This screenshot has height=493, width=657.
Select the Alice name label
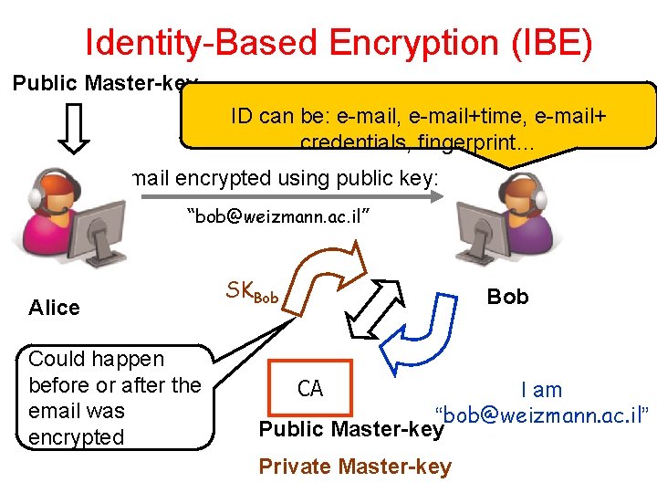tap(54, 308)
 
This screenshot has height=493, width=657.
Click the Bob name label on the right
tap(507, 297)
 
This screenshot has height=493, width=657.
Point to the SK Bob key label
tap(252, 293)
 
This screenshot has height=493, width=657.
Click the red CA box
tap(309, 389)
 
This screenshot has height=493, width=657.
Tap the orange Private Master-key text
tap(355, 467)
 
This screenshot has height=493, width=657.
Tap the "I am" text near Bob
tap(541, 390)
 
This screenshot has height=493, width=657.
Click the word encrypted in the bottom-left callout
tap(77, 436)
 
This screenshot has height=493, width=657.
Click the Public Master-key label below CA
tap(350, 429)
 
